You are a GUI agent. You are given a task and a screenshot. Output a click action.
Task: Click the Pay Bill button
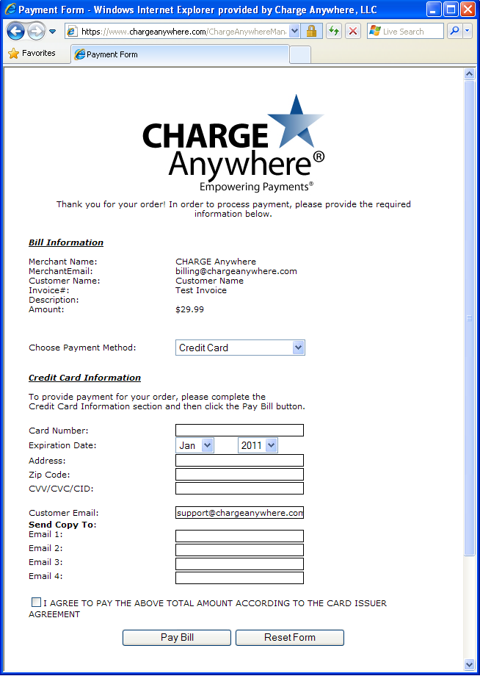point(177,637)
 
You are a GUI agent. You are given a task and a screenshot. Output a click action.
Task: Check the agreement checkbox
point(36,603)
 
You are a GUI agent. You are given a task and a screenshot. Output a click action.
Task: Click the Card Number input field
point(239,431)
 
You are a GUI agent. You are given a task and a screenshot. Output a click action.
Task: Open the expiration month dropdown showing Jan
point(194,445)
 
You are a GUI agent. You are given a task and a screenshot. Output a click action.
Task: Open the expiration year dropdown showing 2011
point(258,445)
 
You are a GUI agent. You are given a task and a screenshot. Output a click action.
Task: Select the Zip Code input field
point(239,475)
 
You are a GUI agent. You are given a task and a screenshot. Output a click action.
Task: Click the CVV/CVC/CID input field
point(239,489)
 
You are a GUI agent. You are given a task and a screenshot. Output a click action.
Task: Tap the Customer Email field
point(239,513)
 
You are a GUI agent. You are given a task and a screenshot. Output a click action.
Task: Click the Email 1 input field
point(239,536)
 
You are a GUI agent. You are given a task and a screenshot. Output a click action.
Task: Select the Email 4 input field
point(239,578)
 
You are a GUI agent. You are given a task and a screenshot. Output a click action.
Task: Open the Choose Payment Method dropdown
point(240,348)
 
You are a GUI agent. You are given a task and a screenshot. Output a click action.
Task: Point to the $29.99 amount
point(189,309)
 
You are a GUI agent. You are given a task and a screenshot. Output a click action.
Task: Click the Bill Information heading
point(66,242)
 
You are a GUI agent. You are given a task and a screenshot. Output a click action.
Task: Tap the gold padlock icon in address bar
point(311,31)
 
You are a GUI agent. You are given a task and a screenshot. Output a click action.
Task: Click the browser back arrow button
point(16,32)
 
